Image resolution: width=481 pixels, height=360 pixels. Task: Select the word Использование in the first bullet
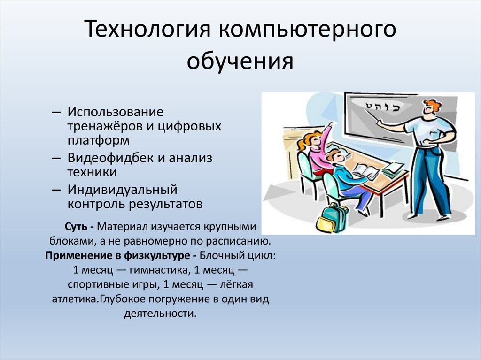coord(115,113)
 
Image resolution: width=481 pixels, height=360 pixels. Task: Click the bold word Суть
coord(77,227)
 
